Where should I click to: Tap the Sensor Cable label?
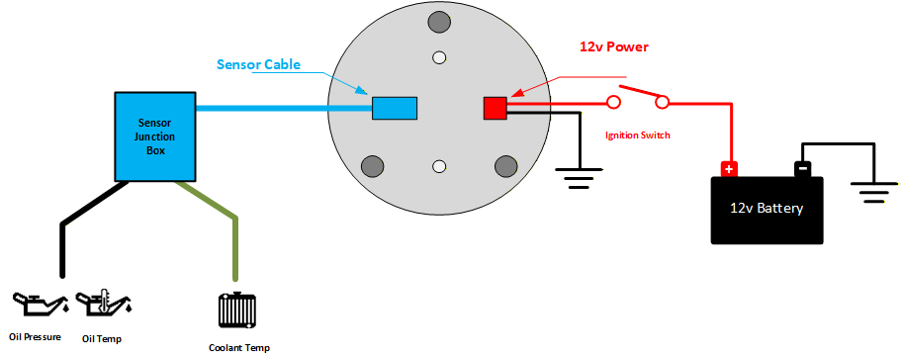(x=258, y=65)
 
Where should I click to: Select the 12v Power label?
(x=613, y=46)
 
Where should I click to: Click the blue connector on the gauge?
(x=394, y=107)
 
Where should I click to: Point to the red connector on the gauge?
(x=495, y=108)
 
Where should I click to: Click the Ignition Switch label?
(x=637, y=135)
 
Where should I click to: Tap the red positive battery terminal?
(x=729, y=169)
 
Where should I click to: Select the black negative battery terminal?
(x=803, y=169)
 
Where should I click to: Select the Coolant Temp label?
(x=238, y=347)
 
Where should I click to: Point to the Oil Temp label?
(x=102, y=339)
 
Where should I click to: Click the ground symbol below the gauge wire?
(x=578, y=179)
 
